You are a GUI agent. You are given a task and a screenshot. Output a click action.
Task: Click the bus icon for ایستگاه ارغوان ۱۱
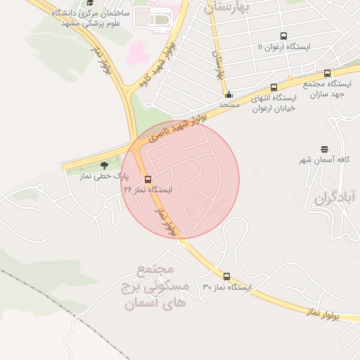283,37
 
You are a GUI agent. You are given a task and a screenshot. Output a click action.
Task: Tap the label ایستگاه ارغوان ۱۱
283,47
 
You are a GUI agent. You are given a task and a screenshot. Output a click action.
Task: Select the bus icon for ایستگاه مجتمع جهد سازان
327,73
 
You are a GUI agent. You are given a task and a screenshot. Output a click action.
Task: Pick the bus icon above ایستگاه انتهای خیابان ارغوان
274,88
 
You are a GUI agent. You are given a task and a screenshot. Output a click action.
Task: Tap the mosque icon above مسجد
229,94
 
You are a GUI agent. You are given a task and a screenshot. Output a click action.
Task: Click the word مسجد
229,105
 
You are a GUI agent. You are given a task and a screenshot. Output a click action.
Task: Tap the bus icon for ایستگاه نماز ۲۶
148,179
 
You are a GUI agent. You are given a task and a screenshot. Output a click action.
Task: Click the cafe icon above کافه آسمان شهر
324,149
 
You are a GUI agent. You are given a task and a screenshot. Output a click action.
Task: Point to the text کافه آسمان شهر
324,161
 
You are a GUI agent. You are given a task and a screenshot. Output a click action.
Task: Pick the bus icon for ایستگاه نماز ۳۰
226,276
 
